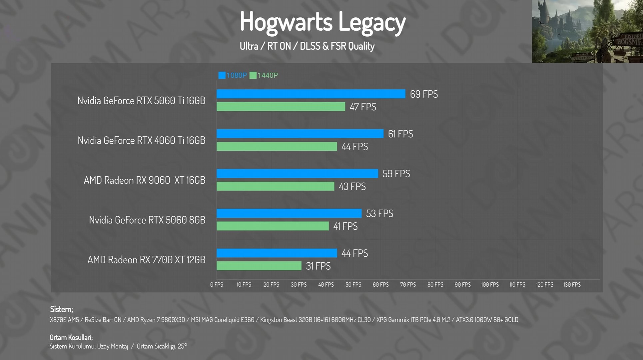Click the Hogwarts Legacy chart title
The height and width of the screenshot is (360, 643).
[322, 22]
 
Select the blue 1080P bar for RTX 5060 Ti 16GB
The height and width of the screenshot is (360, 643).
[311, 94]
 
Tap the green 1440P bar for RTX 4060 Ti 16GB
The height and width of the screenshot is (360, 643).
[277, 146]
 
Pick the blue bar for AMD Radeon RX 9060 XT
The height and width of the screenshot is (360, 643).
[297, 174]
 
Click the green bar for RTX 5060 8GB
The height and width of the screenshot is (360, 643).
[273, 226]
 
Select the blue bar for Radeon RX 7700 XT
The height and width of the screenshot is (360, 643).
[277, 253]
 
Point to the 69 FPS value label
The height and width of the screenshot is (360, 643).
[424, 94]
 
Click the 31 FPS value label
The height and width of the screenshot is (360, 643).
[318, 266]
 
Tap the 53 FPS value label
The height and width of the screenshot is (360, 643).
[379, 213]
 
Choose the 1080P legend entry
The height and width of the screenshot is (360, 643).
[233, 75]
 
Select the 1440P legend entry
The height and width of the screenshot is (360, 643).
[264, 75]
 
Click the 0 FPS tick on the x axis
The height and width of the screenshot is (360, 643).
[217, 285]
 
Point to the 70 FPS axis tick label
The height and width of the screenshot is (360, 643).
[408, 285]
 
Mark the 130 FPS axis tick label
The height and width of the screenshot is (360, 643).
[572, 285]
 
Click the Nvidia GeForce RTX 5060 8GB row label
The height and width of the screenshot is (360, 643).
[147, 220]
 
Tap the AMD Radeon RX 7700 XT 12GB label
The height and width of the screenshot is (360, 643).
[146, 260]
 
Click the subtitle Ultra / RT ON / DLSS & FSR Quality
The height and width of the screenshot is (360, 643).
[307, 46]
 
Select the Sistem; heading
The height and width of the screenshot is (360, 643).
[61, 309]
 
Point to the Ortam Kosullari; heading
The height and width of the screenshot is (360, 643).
[71, 337]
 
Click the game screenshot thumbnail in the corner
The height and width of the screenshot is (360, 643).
[587, 31]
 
